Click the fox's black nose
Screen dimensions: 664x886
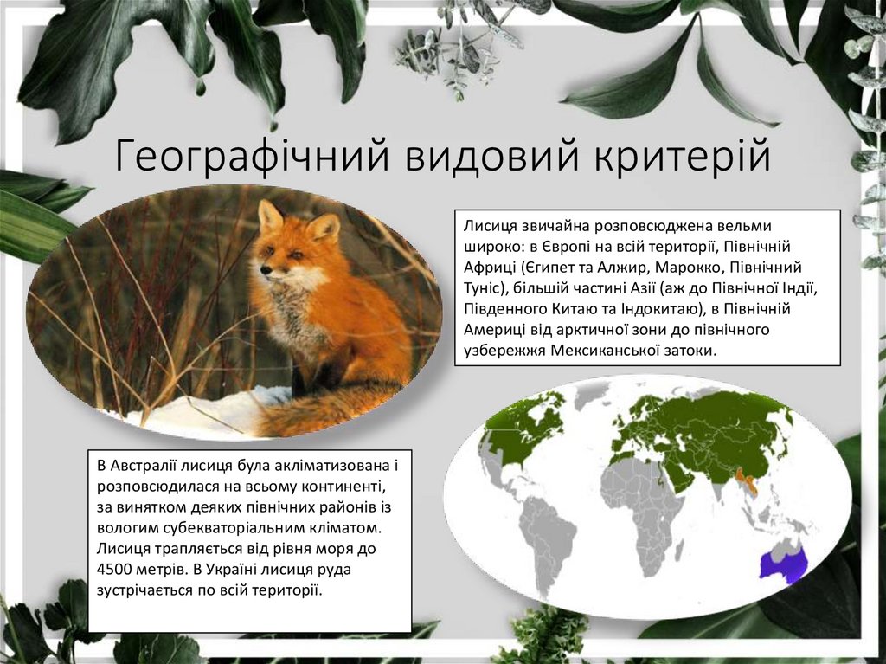[266, 270]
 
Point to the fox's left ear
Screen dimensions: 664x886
[269, 214]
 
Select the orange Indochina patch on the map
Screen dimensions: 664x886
[745, 480]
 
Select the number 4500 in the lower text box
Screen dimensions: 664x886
[118, 570]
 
